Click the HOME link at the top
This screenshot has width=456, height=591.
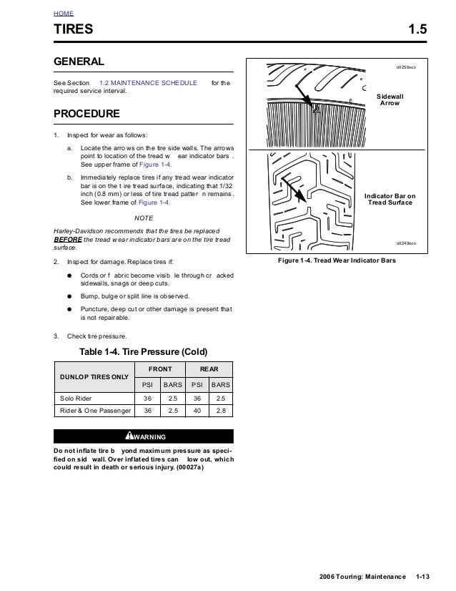tap(64, 14)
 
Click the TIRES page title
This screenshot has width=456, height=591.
tap(74, 30)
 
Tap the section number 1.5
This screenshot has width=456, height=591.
tap(417, 30)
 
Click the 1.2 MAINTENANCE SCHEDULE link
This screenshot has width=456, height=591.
tap(148, 83)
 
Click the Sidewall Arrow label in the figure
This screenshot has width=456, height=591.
tap(390, 99)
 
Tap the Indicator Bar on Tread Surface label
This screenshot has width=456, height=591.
tap(390, 199)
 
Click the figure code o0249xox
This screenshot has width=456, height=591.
tap(406, 243)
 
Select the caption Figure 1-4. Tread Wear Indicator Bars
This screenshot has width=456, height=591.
tap(337, 260)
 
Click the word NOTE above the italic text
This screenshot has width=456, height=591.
tap(144, 218)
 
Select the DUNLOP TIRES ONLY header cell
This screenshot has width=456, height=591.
tap(94, 376)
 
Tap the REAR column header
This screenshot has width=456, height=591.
tap(209, 368)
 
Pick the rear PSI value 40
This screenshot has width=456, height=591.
tap(197, 411)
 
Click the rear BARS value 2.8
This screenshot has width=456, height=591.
tap(221, 411)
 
